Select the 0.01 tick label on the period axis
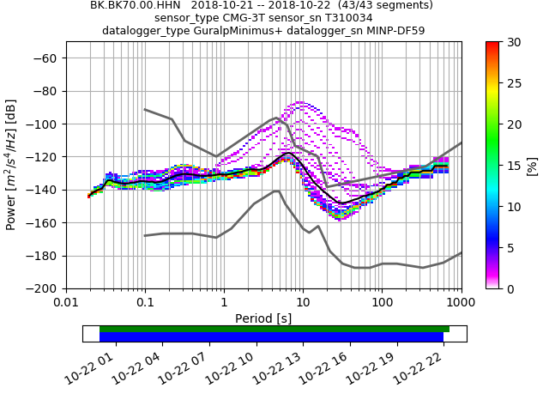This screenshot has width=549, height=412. point(66,303)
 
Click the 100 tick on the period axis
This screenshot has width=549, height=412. point(382,303)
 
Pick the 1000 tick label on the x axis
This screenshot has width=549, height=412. point(461,303)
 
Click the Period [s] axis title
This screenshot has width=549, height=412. point(263,318)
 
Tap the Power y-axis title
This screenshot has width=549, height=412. point(11,165)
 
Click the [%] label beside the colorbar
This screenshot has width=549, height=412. point(533,165)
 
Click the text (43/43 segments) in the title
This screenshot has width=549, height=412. point(379,5)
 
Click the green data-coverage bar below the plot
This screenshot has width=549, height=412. point(274,329)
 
